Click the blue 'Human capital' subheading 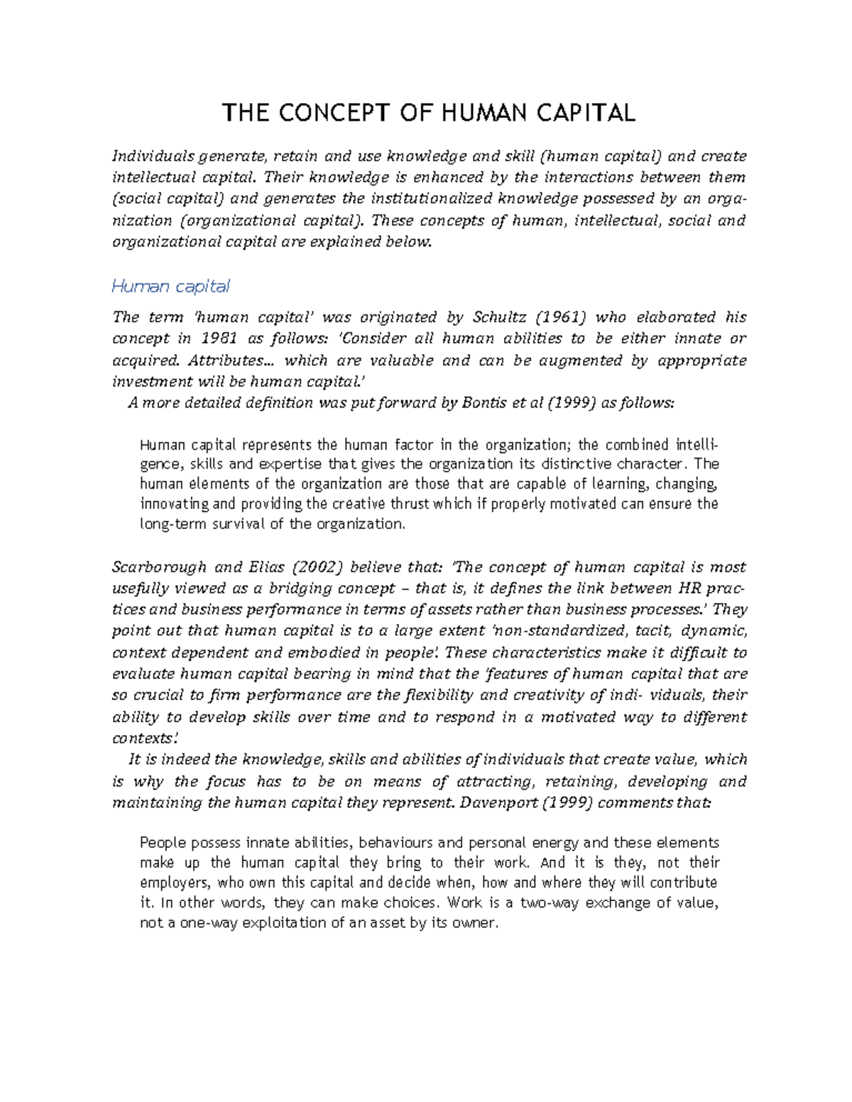tap(170, 286)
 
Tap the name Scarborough tap(159, 567)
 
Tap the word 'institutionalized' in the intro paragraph tap(431, 199)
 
